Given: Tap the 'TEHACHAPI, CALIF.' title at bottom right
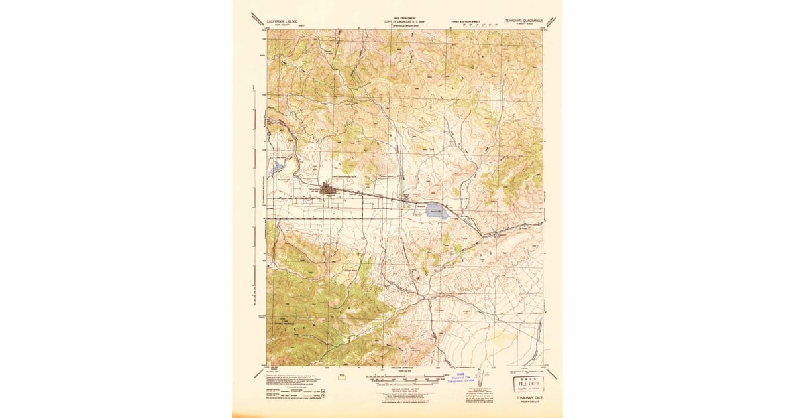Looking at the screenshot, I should point(526,398).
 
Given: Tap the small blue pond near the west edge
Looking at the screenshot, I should point(278,166).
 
